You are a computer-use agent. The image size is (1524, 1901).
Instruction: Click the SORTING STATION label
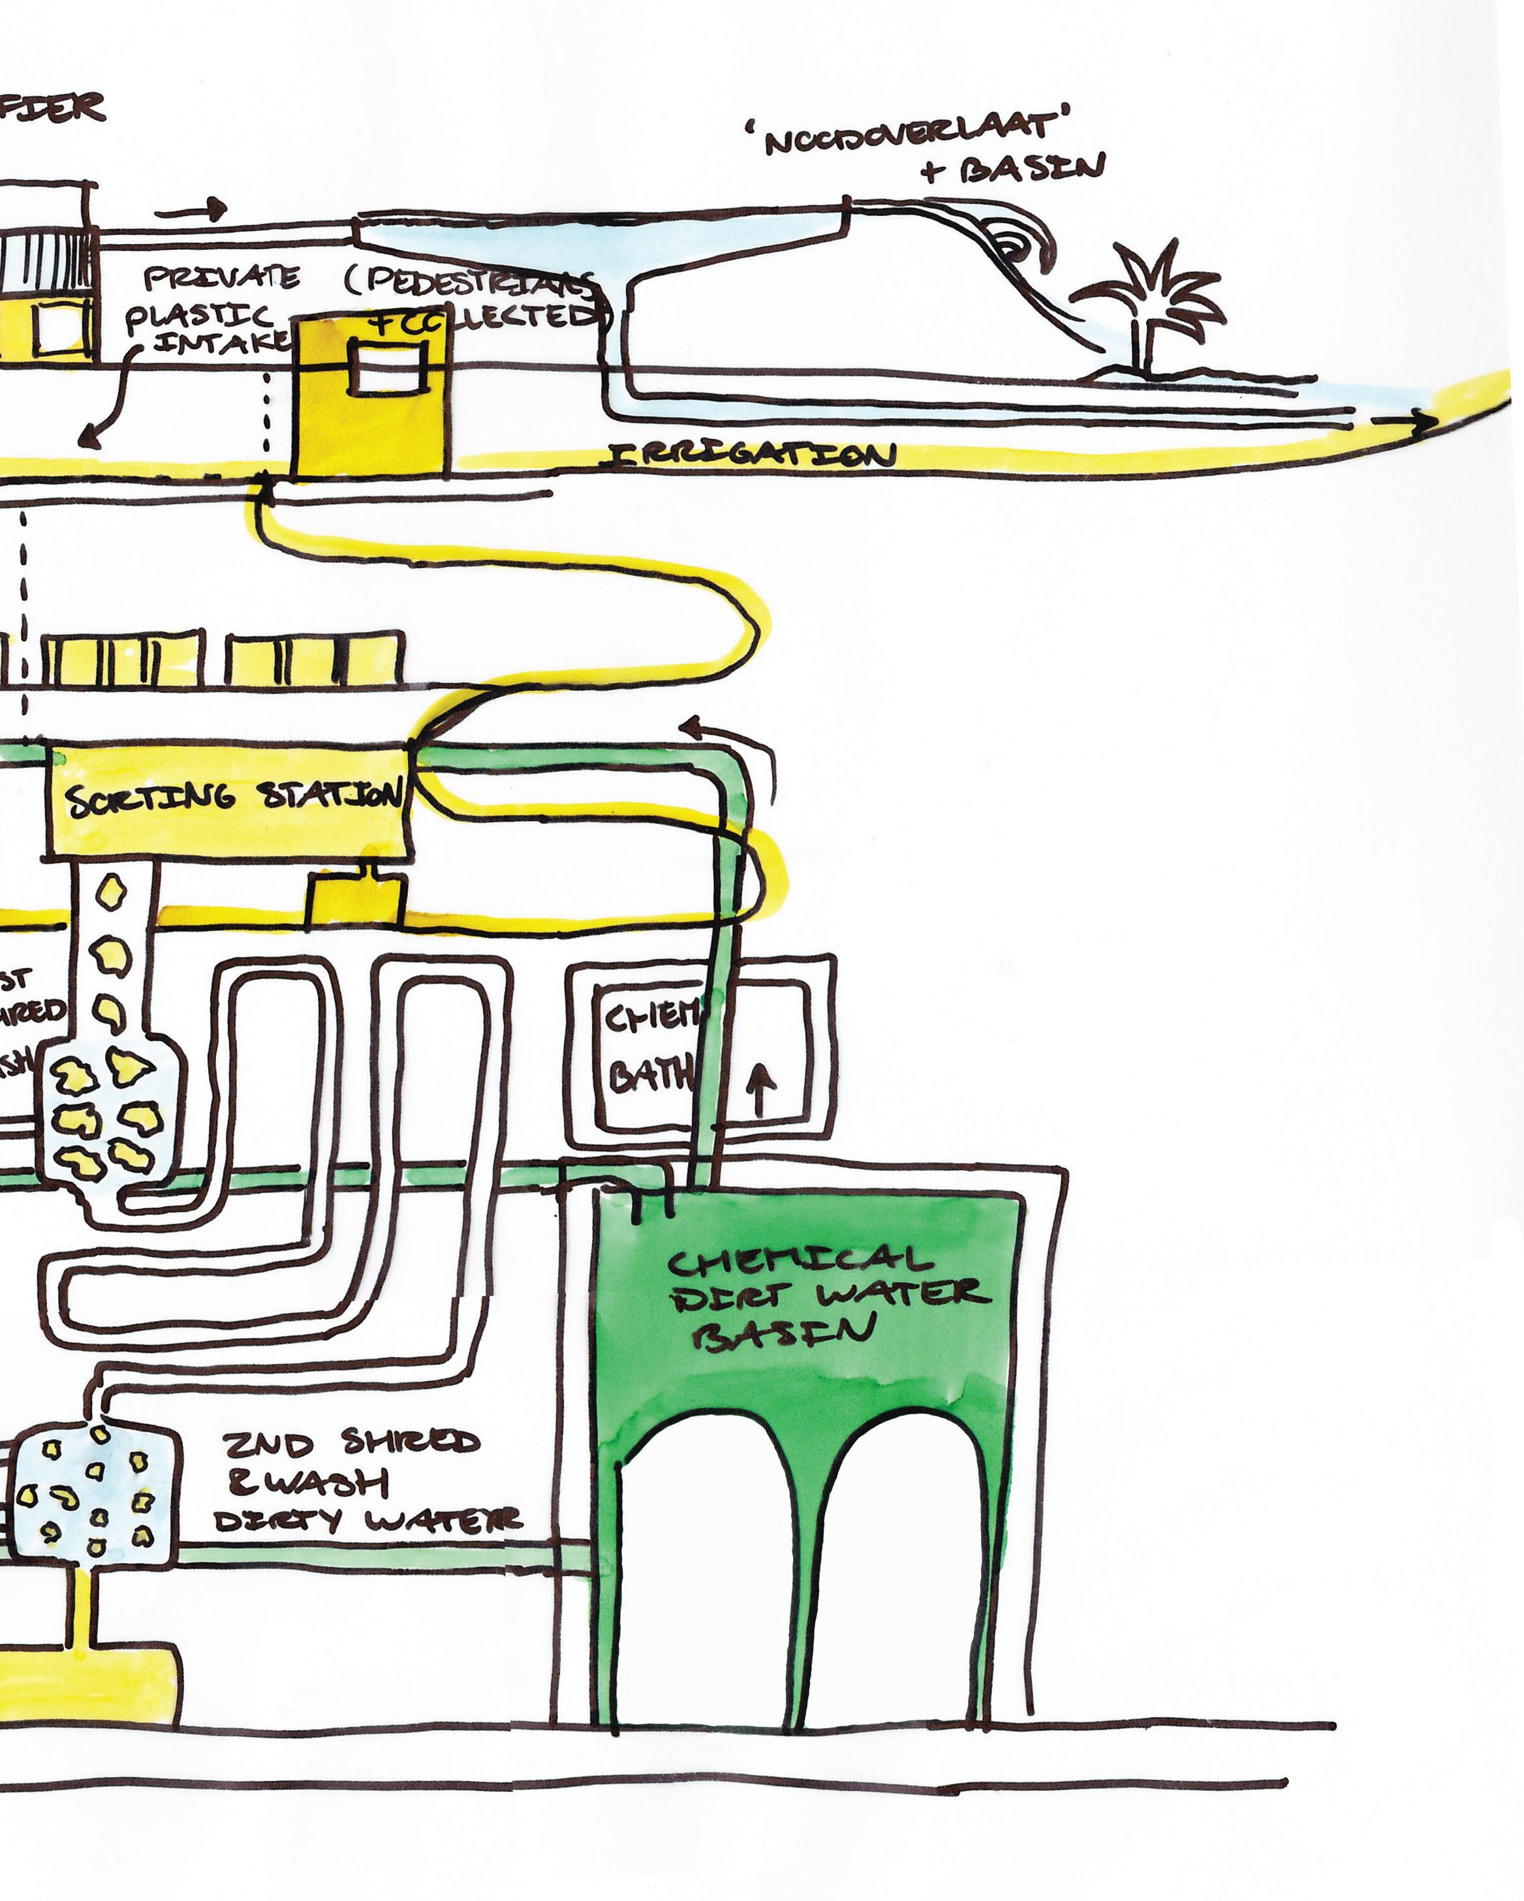tap(233, 798)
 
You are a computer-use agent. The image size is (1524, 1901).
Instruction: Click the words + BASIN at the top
tap(1014, 168)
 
